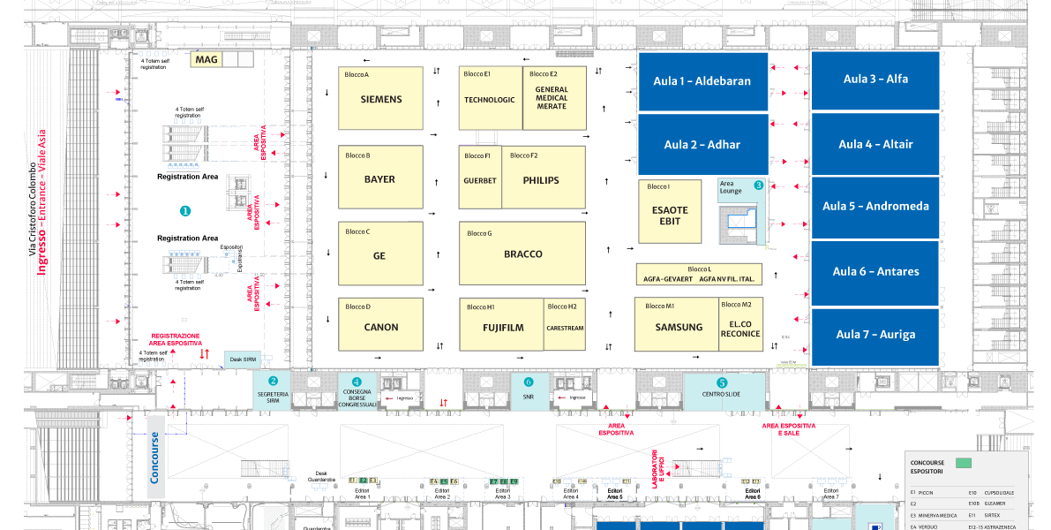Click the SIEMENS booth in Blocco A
pos(381,100)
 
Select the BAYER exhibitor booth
pos(379,179)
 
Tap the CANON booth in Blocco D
pos(381,327)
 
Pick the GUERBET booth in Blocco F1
pos(480,180)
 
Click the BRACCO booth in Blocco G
pos(522,254)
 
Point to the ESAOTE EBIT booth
pos(670,216)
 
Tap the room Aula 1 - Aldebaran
pos(702,81)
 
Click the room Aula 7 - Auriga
pos(875,335)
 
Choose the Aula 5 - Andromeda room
pos(875,207)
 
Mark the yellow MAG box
pos(206,60)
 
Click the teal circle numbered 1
pos(185,211)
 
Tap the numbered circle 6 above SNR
pos(529,382)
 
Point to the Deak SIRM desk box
pos(242,360)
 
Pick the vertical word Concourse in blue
pos(155,457)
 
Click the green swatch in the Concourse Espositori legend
pos(963,462)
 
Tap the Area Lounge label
pos(732,187)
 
